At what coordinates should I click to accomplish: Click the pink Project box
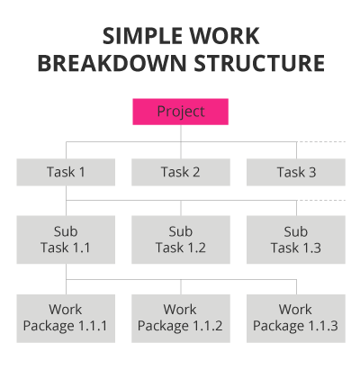coord(181,112)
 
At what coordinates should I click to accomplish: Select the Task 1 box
coord(66,172)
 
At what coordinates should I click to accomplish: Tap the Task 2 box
coord(181,172)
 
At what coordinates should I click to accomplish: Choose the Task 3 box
coord(296,172)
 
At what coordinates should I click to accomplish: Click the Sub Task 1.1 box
coord(66,239)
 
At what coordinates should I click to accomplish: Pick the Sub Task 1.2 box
coord(181,239)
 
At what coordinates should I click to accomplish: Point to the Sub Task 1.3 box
coord(296,239)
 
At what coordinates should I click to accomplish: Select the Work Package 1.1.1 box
coord(66,319)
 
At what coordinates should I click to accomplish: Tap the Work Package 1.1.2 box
coord(181,319)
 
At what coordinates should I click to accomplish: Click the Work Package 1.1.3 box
coord(296,319)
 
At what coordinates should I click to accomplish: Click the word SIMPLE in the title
coord(142,36)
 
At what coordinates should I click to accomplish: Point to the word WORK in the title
coord(224,36)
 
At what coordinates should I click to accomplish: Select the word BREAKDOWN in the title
coord(112,63)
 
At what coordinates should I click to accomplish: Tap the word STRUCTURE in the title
coord(259,63)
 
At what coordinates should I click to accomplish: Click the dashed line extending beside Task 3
coord(321,141)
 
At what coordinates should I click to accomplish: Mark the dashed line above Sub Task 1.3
coord(321,200)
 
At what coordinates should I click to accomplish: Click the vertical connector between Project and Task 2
coord(181,141)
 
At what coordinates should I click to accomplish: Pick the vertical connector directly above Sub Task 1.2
coord(181,208)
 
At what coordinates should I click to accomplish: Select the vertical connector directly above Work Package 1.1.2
coord(181,287)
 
